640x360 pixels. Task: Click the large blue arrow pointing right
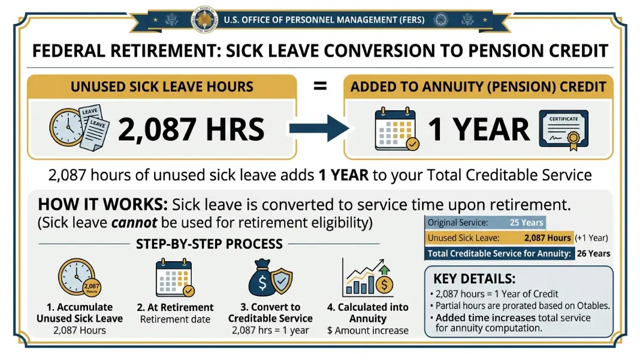(x=319, y=129)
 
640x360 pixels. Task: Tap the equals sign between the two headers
(x=320, y=86)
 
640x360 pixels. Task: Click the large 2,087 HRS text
(x=191, y=129)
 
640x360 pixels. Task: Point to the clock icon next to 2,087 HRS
(x=67, y=128)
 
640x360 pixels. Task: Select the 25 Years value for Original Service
(x=526, y=222)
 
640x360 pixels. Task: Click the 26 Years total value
(x=593, y=253)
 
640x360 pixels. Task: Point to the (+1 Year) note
(x=591, y=238)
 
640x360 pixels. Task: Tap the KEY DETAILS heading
(x=474, y=279)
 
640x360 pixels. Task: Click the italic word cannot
(x=134, y=223)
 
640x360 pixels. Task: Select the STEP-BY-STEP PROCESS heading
(x=209, y=244)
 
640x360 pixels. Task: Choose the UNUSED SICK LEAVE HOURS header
(x=162, y=86)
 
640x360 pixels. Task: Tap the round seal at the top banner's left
(x=205, y=19)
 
